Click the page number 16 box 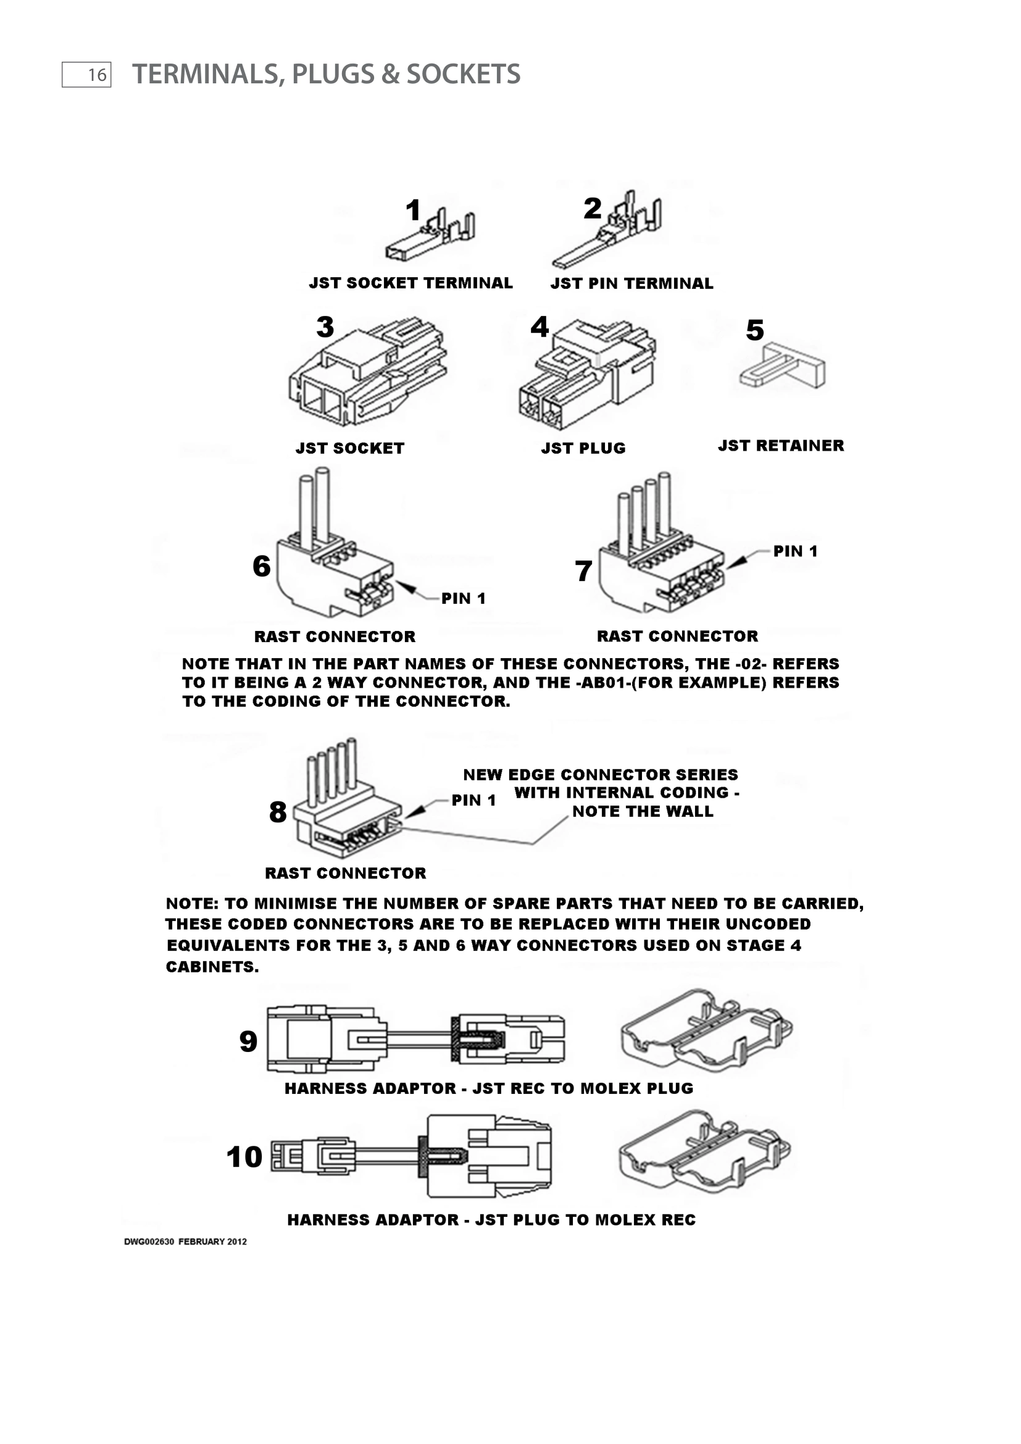tap(86, 75)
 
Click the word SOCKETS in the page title tap(463, 74)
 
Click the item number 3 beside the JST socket tap(325, 327)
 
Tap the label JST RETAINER tap(781, 445)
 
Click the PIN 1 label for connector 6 tap(464, 598)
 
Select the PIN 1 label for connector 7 tap(795, 551)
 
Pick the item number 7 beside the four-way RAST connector tap(583, 571)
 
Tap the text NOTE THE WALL tap(643, 811)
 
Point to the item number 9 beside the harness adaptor tap(248, 1042)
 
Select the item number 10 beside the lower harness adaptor tap(244, 1156)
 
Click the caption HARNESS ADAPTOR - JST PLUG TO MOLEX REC tap(491, 1219)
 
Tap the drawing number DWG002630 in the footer tap(149, 1242)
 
